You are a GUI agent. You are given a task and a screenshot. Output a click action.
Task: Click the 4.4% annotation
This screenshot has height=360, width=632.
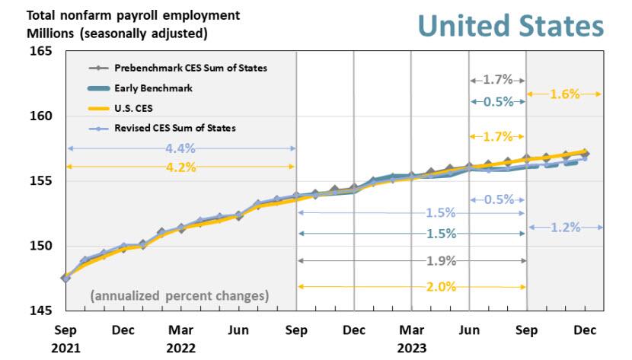180,148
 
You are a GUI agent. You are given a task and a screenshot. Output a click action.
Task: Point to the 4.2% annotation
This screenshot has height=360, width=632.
180,166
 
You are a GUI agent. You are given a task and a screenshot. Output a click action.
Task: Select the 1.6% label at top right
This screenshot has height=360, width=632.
564,94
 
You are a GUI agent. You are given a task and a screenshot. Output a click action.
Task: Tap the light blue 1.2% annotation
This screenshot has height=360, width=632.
564,227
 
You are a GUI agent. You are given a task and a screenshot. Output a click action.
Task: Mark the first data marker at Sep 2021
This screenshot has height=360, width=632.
65,278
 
